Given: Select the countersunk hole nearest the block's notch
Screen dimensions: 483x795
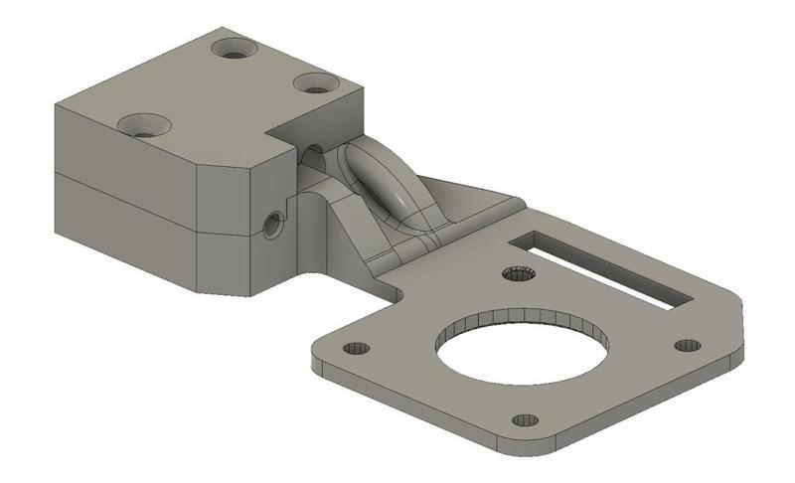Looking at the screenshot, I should coord(315,87).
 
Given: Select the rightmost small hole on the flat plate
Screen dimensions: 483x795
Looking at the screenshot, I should coord(687,345).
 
